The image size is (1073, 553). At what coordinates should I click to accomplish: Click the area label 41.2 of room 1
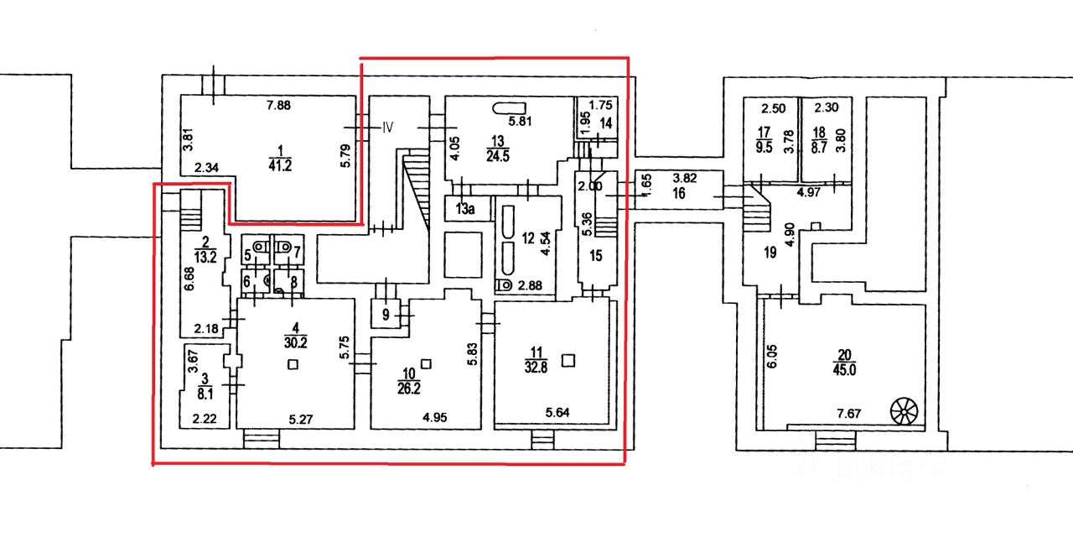tap(277, 165)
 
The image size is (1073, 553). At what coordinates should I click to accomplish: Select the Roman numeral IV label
tap(388, 128)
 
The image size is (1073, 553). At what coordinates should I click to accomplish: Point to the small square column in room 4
tap(292, 364)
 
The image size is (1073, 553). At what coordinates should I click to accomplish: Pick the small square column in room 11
tap(568, 361)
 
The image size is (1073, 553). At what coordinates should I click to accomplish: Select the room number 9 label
tap(385, 316)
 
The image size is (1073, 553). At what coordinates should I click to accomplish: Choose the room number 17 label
tap(764, 133)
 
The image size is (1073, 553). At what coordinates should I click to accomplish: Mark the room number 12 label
tap(528, 238)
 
